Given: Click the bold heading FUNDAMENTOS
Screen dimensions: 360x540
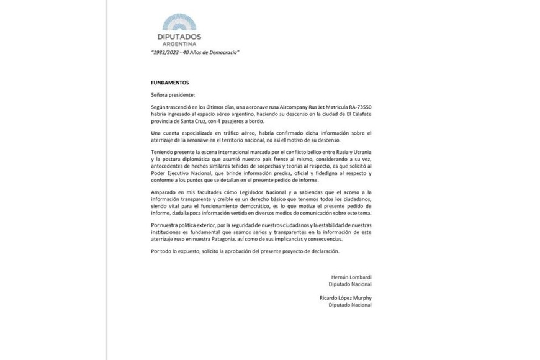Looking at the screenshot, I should click(x=169, y=82).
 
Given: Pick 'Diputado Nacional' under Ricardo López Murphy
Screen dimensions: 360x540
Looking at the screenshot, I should click(x=350, y=305).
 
